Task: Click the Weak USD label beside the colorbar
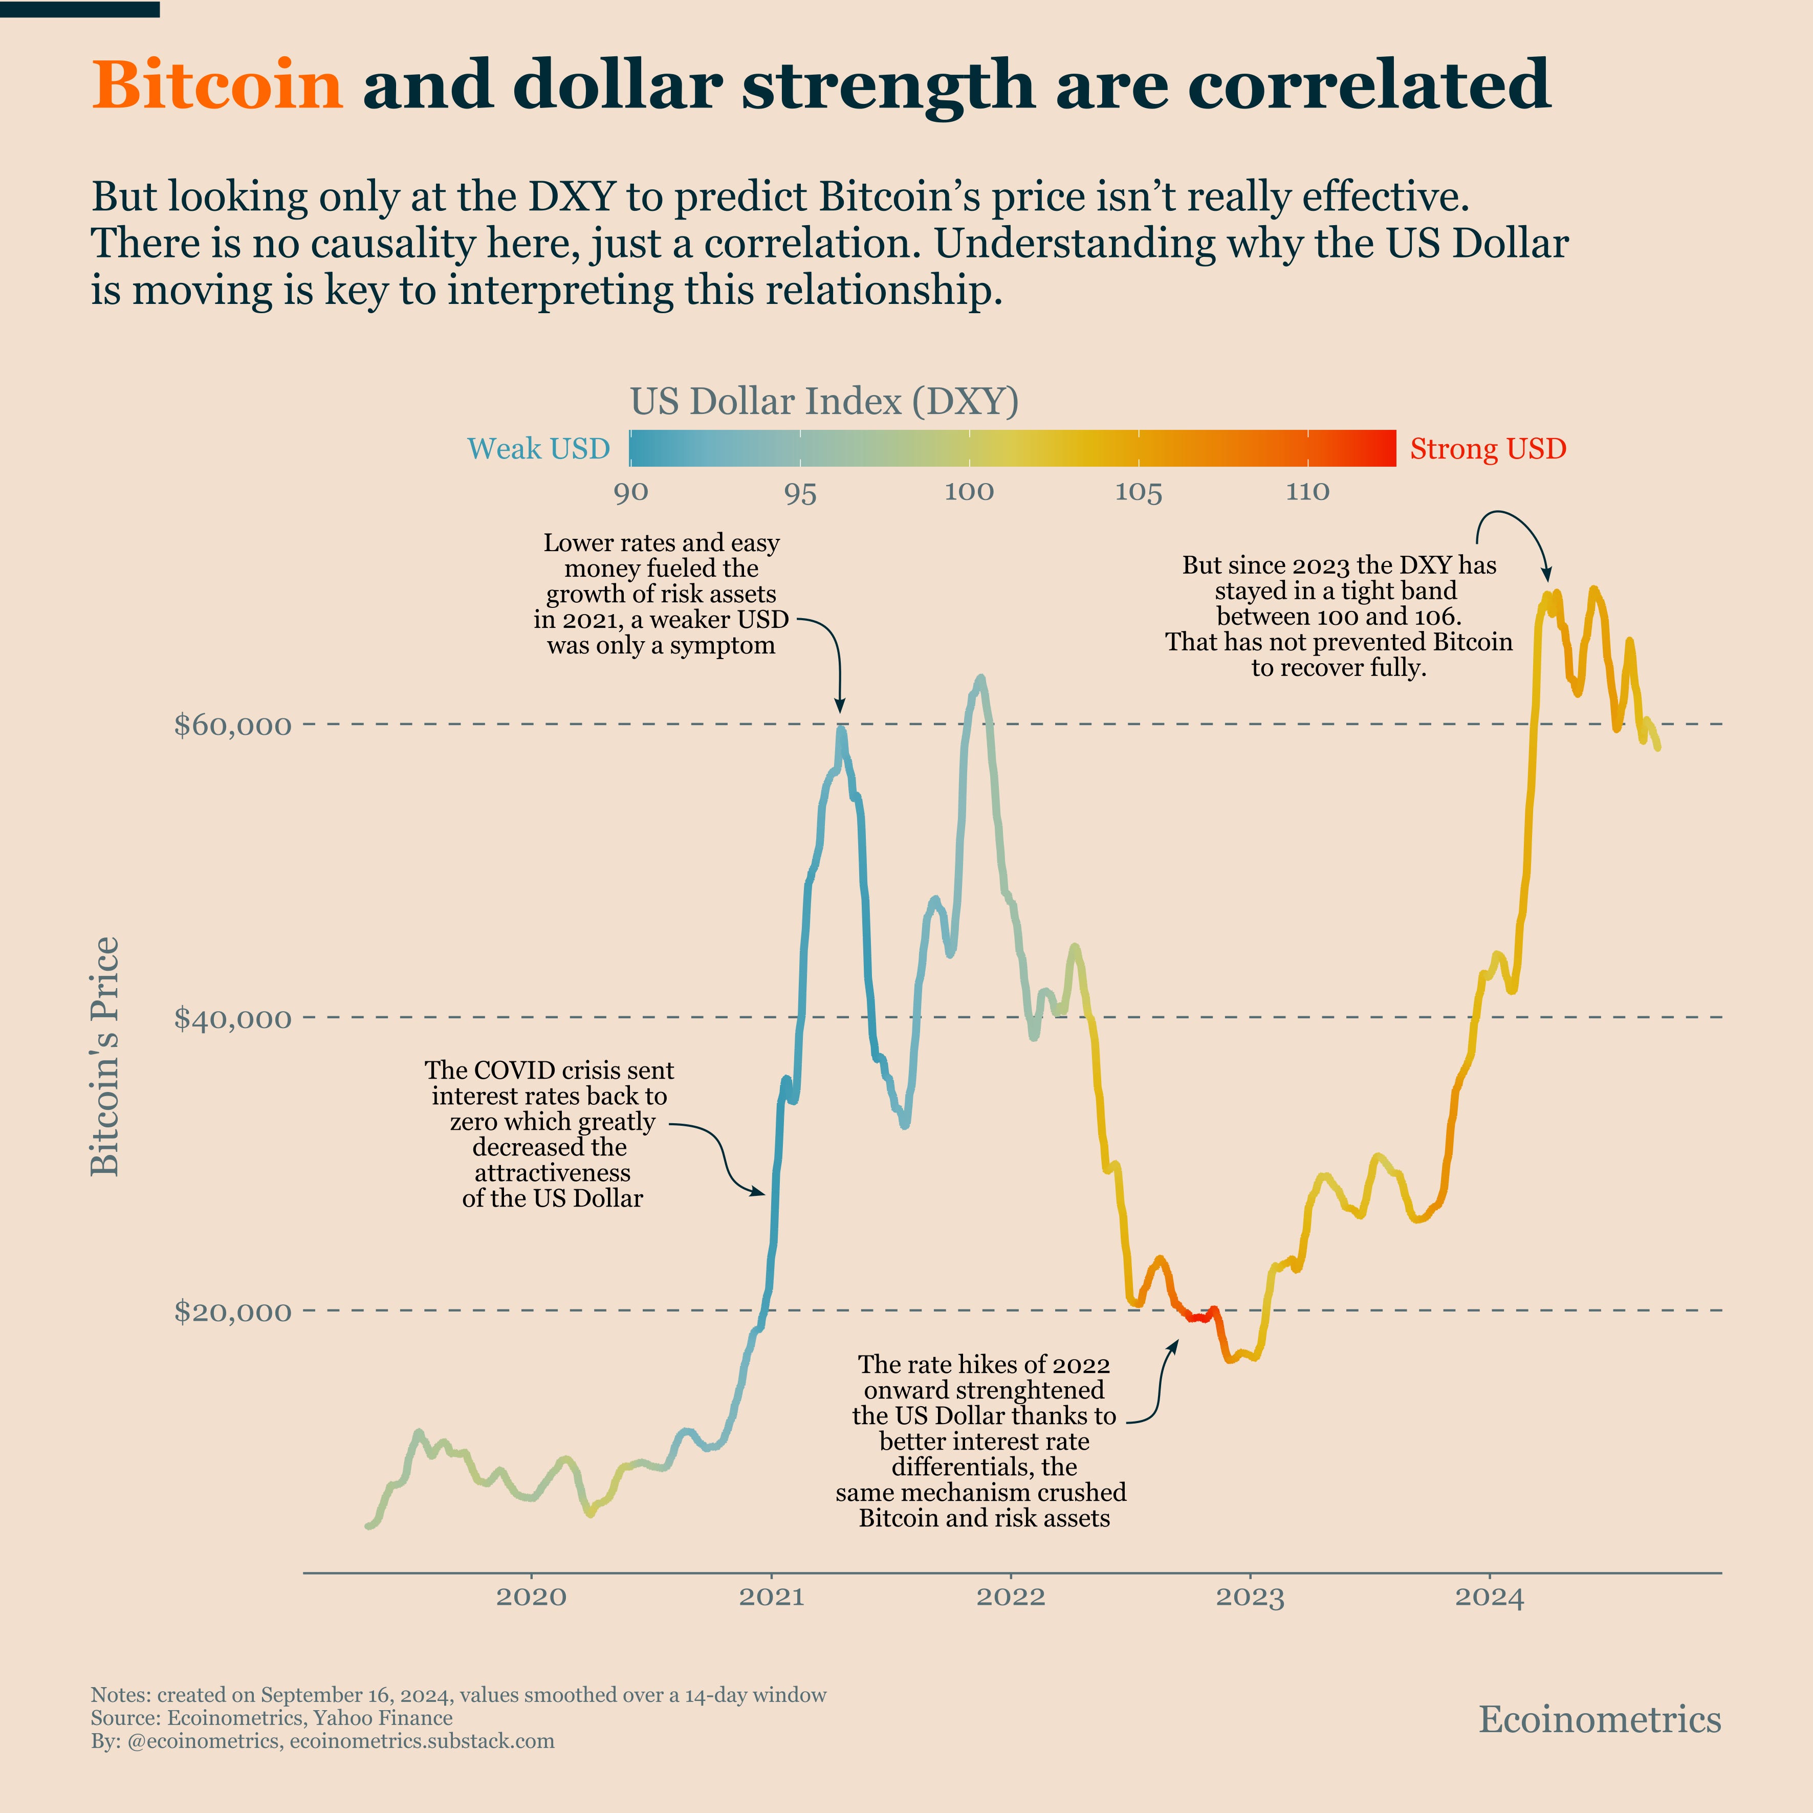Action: (x=539, y=449)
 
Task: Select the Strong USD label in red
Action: (x=1488, y=449)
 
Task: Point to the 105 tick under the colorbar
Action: (x=1138, y=492)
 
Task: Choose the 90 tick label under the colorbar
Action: (x=630, y=492)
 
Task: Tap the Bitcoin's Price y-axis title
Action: (x=105, y=1056)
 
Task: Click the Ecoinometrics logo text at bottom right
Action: (x=1599, y=1719)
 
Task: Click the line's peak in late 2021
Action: (x=980, y=678)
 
